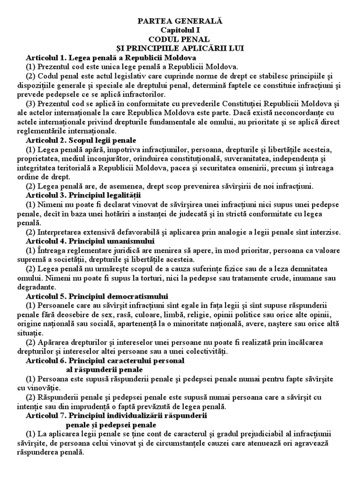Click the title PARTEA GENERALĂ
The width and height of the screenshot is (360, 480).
pyautogui.click(x=180, y=21)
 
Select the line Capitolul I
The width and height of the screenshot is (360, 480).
pyautogui.click(x=180, y=30)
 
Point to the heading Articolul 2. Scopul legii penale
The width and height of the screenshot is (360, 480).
pyautogui.click(x=81, y=140)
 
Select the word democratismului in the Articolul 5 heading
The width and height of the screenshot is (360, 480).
pyautogui.click(x=138, y=296)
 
